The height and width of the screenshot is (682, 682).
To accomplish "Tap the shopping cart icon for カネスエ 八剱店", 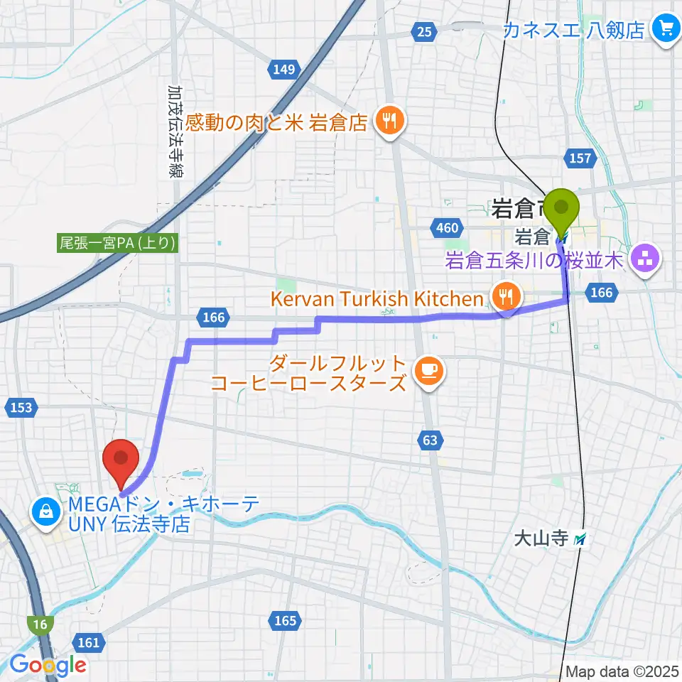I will (x=666, y=28).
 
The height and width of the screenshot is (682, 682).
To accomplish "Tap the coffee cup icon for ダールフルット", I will (x=428, y=369).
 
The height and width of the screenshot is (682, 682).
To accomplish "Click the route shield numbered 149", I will (x=282, y=69).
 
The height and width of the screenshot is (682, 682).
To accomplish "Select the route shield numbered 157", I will (x=580, y=158).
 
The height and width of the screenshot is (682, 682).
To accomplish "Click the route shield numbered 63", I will (x=429, y=440).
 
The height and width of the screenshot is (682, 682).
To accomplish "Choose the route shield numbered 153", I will (x=21, y=407).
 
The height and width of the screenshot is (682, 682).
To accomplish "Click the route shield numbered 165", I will (x=285, y=621).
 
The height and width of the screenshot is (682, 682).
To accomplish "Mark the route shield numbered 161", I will (x=89, y=642).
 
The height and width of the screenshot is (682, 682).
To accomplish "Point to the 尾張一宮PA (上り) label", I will (x=117, y=243).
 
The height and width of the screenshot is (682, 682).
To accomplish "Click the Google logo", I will (x=48, y=665).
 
